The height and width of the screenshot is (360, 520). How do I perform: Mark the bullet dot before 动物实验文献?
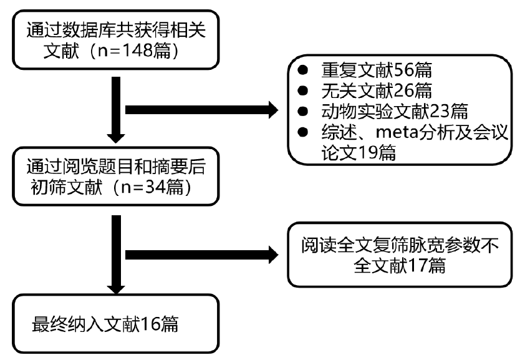tap(302, 112)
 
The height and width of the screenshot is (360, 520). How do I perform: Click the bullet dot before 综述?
tap(302, 134)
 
